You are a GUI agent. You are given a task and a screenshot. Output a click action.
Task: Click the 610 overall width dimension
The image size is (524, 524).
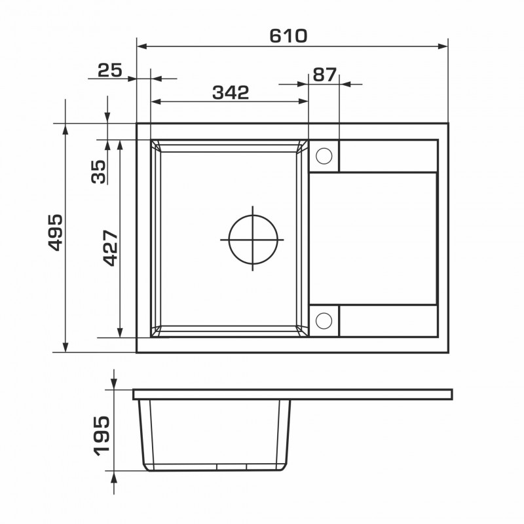pos(288,36)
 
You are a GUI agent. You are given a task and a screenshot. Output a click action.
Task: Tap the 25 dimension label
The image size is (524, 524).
pos(110,71)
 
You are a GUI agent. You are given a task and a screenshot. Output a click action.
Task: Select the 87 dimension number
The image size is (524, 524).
pos(325,75)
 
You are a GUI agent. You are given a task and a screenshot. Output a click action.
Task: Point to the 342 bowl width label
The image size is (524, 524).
pos(231,92)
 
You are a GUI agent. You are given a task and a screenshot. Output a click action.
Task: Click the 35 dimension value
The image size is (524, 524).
pos(98,172)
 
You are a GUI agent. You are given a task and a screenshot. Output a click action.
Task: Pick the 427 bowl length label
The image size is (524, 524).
pos(111,248)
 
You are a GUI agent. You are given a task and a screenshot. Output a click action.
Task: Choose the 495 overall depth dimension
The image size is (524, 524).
pos(55,233)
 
